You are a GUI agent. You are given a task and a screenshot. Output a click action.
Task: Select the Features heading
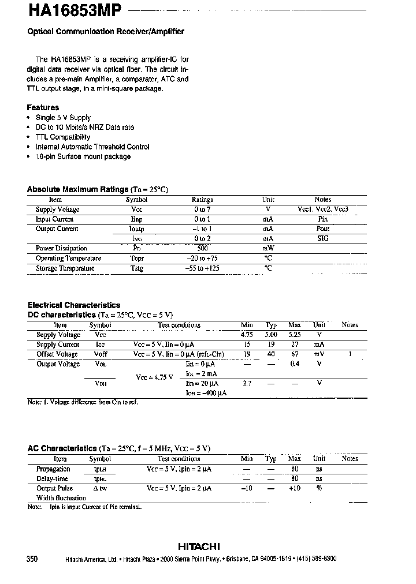coord(43,107)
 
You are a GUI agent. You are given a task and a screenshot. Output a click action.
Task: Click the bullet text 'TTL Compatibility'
coord(63,137)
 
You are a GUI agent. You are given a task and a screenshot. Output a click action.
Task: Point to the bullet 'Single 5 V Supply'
coord(64,118)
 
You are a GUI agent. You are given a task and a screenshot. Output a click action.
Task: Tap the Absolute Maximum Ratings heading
coord(78,189)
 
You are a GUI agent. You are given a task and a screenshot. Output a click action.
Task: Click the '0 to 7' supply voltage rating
coord(202,209)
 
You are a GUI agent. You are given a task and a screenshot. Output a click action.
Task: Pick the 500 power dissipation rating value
coord(202,248)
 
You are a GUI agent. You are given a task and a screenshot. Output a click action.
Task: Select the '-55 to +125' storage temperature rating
coord(202,268)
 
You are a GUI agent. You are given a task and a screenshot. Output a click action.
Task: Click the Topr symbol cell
coord(137,259)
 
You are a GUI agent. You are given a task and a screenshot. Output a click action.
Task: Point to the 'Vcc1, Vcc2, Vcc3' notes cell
coord(323,209)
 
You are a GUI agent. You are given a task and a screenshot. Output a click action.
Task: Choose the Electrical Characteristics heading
coord(74,305)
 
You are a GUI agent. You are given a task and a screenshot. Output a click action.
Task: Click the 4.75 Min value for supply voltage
coord(247,335)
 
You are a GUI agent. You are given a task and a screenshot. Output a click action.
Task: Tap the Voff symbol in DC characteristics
coord(101,354)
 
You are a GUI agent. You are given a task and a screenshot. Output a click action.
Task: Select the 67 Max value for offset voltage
coord(295,354)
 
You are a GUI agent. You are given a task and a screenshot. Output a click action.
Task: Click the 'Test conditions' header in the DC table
coord(179,325)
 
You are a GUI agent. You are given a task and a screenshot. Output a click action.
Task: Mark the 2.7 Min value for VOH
coord(247,383)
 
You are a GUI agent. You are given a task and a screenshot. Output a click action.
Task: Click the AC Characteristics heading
coord(62,448)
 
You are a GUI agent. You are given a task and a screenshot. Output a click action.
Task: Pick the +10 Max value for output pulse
coord(295,488)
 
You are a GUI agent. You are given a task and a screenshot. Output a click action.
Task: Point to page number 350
coord(32,559)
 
